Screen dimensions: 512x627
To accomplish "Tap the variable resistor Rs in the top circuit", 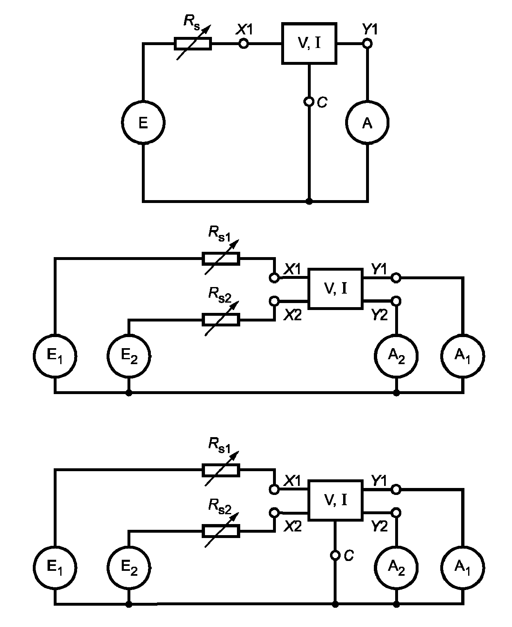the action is pos(193,44).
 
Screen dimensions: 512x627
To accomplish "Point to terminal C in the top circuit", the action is pos(309,102).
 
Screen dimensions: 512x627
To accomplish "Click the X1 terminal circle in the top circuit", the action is pos(243,44).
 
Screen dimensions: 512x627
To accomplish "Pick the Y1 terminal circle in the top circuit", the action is pos(368,44).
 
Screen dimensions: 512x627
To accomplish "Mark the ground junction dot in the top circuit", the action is pos(309,201).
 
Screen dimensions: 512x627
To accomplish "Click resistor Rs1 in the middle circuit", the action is pos(221,259).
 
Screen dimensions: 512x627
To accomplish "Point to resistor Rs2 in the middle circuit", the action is pos(221,320).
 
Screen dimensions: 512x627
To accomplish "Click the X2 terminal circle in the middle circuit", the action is pos(274,301).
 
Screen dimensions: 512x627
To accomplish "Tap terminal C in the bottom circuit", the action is pos(335,555).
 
